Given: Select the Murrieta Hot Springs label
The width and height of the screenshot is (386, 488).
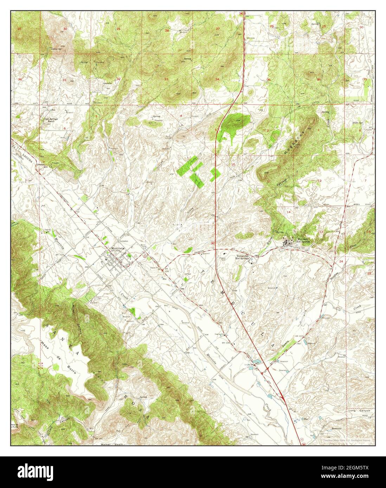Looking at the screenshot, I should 304,240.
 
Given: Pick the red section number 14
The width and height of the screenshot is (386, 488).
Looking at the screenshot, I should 289,212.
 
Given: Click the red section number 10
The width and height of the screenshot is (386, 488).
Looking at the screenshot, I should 233,164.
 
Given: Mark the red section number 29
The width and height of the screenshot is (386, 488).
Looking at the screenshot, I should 118,28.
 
